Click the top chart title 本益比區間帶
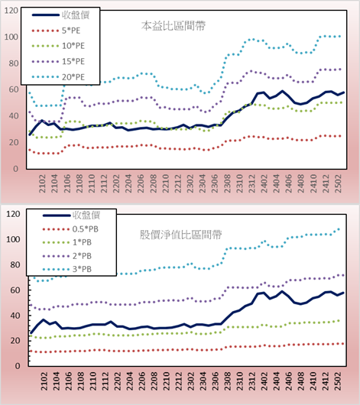coord(174,26)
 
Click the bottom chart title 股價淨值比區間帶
coord(180,235)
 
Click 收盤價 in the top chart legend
coord(76,15)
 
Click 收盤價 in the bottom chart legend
coord(86,215)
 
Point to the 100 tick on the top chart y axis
coord(11,37)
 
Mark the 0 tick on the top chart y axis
coord(16,169)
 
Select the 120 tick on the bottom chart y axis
coord(13,214)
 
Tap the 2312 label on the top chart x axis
coord(252,183)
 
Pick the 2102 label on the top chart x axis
coord(42,183)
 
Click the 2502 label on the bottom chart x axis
coord(338,381)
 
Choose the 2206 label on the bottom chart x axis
coord(141,381)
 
